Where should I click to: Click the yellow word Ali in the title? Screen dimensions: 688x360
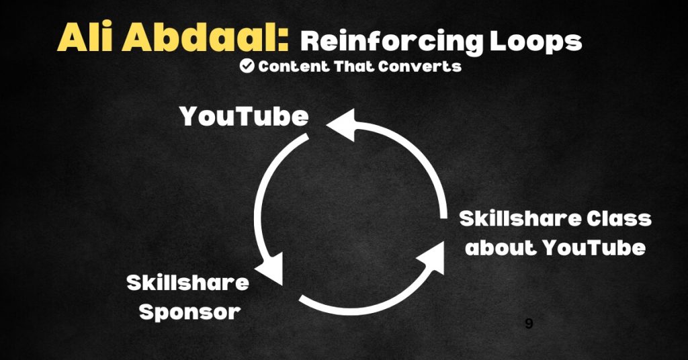point(85,36)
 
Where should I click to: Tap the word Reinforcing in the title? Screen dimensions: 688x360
point(392,42)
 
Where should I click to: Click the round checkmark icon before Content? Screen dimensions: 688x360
point(247,66)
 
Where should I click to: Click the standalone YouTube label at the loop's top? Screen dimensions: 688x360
point(244,117)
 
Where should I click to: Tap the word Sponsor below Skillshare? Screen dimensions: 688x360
point(190,312)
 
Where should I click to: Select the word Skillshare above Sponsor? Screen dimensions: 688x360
point(188,283)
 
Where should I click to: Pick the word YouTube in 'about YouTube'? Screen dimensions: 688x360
point(594,247)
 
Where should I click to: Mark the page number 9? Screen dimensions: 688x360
point(529,324)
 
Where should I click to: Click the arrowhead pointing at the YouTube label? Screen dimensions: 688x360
point(343,125)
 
